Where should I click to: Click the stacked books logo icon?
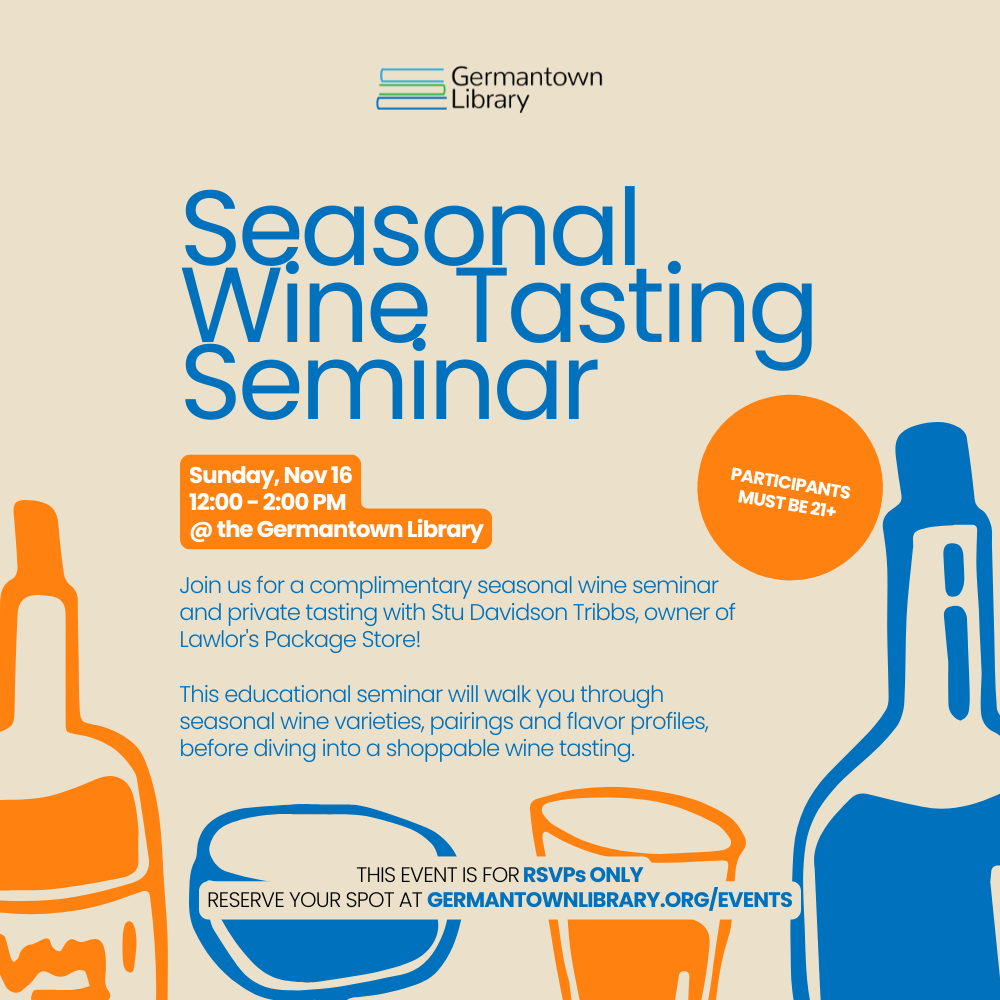410,89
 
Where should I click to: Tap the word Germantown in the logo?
526,77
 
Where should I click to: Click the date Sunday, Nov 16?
270,475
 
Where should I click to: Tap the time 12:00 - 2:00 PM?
267,502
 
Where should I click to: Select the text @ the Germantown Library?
336,530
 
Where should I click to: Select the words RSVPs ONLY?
582,875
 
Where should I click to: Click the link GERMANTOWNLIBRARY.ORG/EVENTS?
609,900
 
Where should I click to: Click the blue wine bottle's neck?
940,580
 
